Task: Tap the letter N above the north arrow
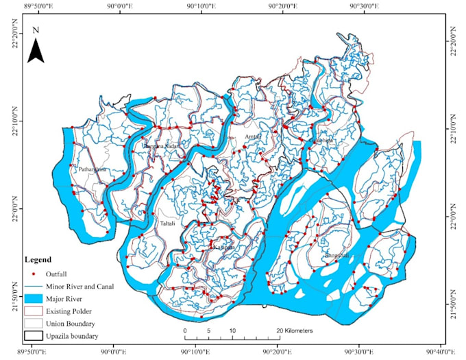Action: click(x=36, y=30)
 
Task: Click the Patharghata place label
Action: click(x=92, y=169)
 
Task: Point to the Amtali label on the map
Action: click(x=252, y=137)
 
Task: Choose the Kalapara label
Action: click(x=223, y=248)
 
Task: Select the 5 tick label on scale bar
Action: click(x=209, y=331)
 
